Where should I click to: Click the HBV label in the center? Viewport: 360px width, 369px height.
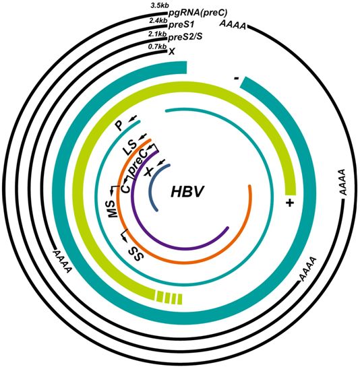(x=187, y=191)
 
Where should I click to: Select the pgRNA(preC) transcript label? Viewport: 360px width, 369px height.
(x=198, y=13)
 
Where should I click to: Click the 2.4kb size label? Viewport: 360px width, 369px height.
(x=158, y=21)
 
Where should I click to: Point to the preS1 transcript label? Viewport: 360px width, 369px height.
(x=181, y=25)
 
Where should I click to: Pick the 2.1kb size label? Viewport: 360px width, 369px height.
(x=157, y=34)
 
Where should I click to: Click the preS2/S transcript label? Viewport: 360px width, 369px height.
(x=185, y=37)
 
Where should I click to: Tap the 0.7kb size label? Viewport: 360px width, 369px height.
(x=157, y=46)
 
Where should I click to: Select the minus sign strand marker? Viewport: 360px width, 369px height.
(x=237, y=78)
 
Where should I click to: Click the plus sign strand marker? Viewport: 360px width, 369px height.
(x=291, y=203)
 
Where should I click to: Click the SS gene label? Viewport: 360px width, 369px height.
(x=136, y=254)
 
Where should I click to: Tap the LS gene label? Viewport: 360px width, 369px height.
(x=130, y=147)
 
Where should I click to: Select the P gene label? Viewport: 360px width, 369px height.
(x=119, y=126)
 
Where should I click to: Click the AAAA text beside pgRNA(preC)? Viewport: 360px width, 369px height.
(x=233, y=25)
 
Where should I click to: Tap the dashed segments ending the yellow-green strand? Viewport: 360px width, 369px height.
(x=169, y=298)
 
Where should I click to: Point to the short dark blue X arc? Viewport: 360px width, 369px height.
(x=154, y=186)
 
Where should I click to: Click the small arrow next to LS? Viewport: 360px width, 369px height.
(x=142, y=137)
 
